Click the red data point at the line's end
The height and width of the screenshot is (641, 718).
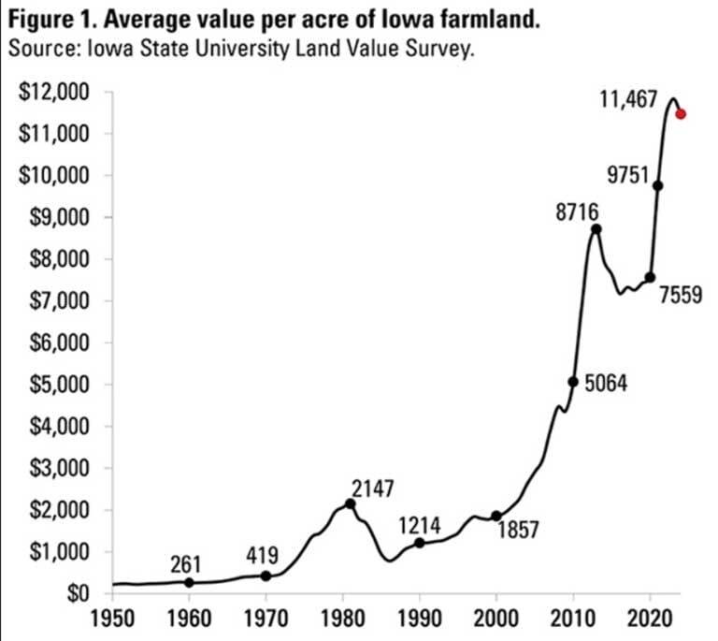(x=681, y=114)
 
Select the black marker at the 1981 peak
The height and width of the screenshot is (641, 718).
(x=351, y=503)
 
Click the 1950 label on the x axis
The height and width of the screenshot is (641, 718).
(x=112, y=619)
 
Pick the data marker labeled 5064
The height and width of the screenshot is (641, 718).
(x=573, y=381)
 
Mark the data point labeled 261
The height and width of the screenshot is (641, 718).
(x=189, y=582)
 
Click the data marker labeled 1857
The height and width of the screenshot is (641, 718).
(x=496, y=516)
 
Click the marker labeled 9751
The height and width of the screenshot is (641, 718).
(x=658, y=185)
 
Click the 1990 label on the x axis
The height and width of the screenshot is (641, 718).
(x=420, y=619)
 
